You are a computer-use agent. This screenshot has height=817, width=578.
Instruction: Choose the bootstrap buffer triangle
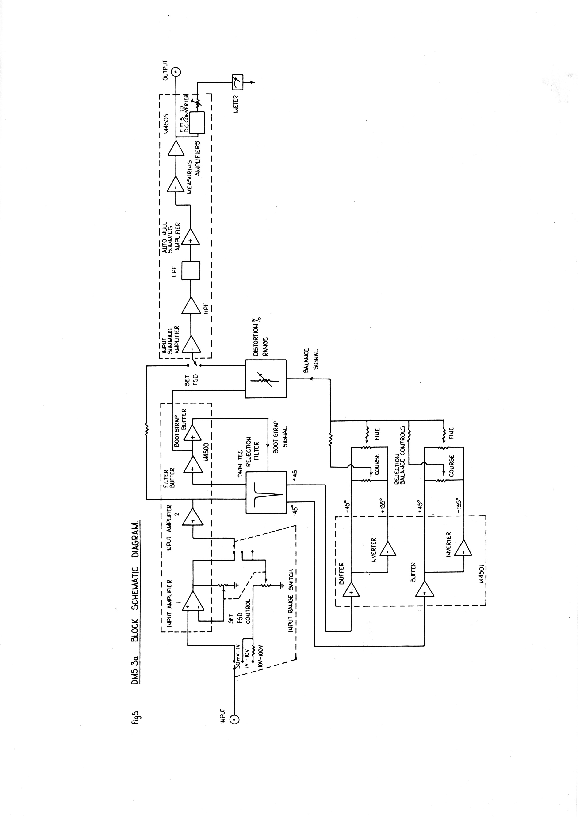[x=192, y=432]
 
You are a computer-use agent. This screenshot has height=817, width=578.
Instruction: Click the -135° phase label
[x=459, y=506]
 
